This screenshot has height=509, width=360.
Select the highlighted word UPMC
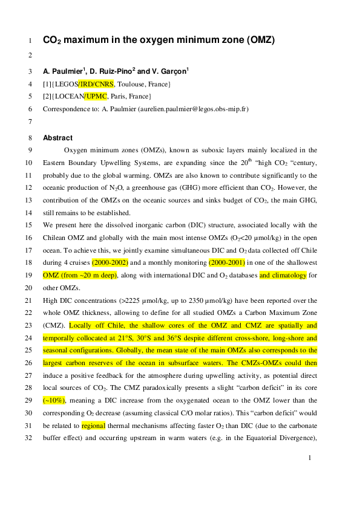pos(96,96)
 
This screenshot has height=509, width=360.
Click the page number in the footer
pos(309,458)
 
